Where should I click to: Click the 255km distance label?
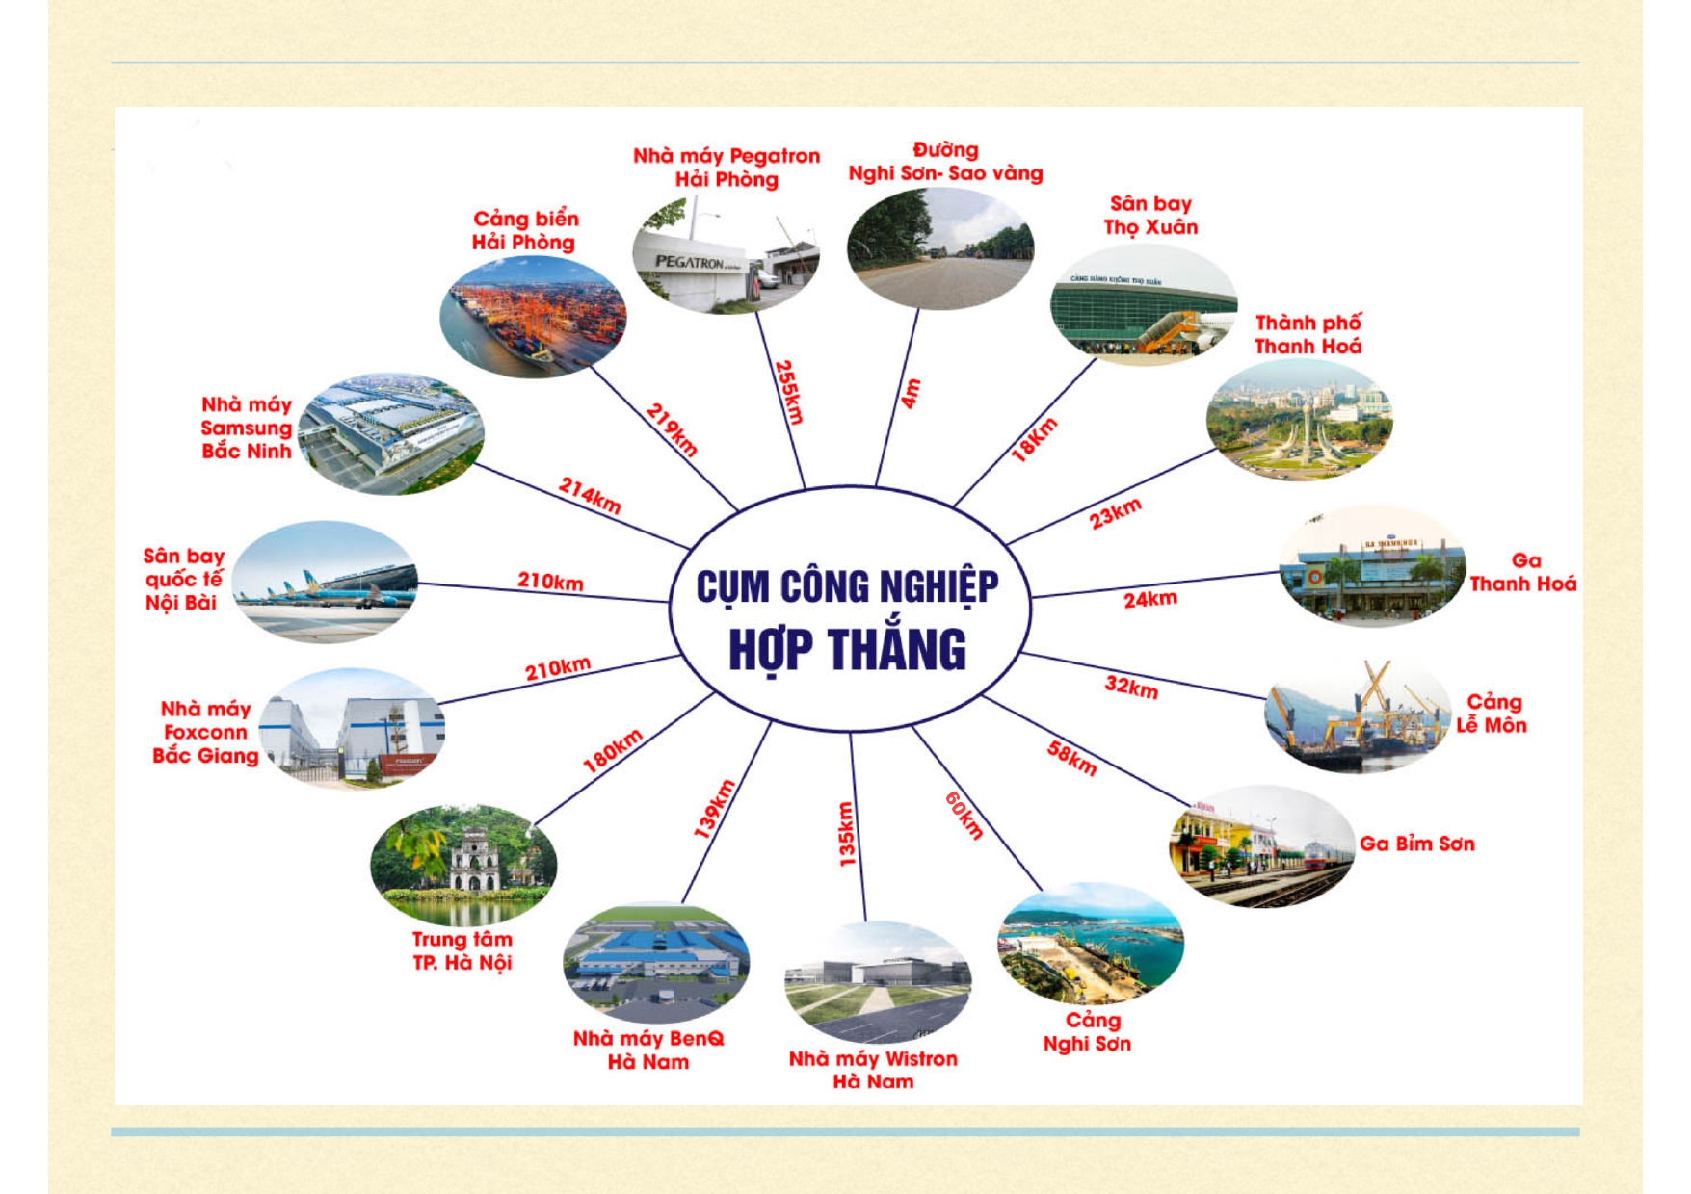coord(789,392)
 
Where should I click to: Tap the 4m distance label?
coord(911,394)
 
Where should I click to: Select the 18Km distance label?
coord(1034,439)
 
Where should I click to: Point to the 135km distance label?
coord(846,834)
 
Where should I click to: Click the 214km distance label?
coord(590,496)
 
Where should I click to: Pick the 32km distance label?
coord(1131,687)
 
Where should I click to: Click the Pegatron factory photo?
coord(727,254)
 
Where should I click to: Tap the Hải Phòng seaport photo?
coord(533,316)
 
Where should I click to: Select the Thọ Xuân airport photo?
coord(1144,304)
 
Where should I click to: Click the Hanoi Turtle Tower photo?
coord(463,865)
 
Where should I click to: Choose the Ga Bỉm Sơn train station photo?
coord(1262,845)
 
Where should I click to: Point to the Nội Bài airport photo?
coord(326,582)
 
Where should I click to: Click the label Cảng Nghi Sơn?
coord(1088,1031)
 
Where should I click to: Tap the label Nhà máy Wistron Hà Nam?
coord(873,1070)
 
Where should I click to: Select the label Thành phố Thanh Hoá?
coord(1308,334)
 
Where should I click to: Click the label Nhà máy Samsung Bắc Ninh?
coord(247,428)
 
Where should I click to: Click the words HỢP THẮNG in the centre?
coord(847,649)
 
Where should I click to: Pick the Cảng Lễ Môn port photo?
coord(1358,714)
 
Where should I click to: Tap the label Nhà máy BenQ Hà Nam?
coord(648,1050)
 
